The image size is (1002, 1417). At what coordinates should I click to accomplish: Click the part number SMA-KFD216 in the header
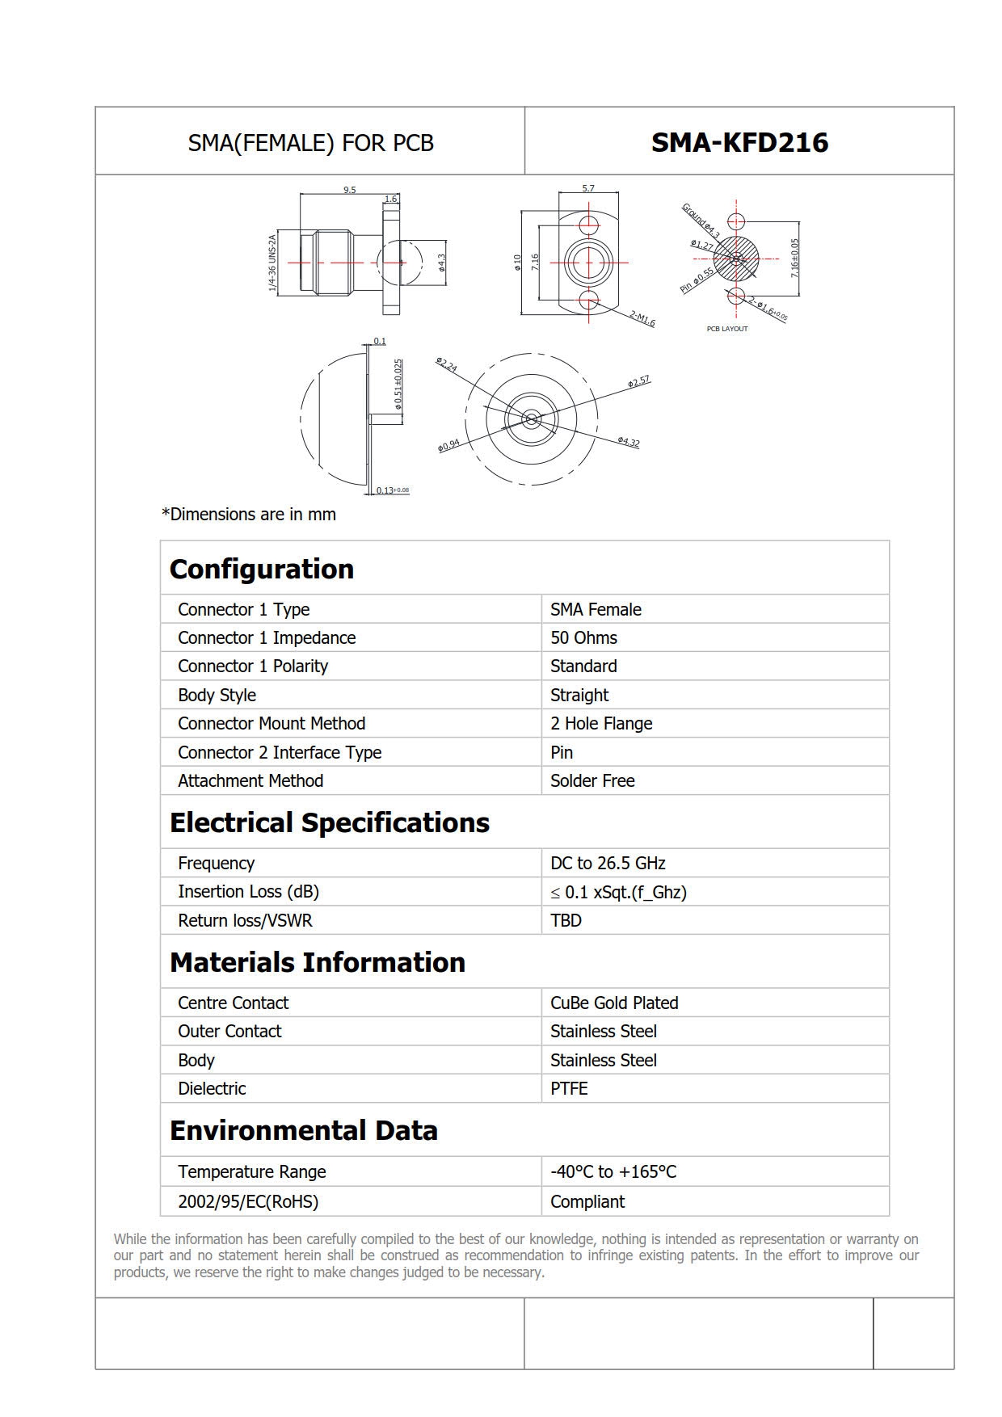[739, 142]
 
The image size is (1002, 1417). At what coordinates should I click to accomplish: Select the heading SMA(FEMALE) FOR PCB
[311, 143]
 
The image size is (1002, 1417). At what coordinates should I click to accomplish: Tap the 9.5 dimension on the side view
[349, 190]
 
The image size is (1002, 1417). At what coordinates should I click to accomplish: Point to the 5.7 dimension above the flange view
[588, 188]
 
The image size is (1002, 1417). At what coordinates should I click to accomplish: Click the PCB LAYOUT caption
[727, 329]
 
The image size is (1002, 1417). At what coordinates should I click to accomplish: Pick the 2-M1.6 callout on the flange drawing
[642, 319]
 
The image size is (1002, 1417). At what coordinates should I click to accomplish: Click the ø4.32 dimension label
[629, 442]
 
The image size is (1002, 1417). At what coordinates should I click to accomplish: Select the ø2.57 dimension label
[638, 381]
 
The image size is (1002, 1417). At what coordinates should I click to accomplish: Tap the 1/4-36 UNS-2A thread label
[272, 263]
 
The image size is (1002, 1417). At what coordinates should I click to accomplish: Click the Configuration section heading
[262, 569]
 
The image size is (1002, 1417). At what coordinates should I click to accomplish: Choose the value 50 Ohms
[583, 637]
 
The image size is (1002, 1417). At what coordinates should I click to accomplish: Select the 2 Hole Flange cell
[601, 723]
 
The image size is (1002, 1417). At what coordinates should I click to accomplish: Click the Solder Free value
[592, 780]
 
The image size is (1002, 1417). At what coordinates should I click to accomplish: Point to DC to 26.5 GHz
[608, 863]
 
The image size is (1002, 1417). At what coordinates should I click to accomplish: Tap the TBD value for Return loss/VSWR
[566, 920]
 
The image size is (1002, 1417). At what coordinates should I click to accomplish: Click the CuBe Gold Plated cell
[614, 1003]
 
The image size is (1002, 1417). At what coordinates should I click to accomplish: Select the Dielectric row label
[212, 1088]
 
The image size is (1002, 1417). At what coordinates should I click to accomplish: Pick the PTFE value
[569, 1088]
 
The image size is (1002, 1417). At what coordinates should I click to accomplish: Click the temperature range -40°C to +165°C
[613, 1171]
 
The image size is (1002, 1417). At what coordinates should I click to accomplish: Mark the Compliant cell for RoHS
[587, 1201]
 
